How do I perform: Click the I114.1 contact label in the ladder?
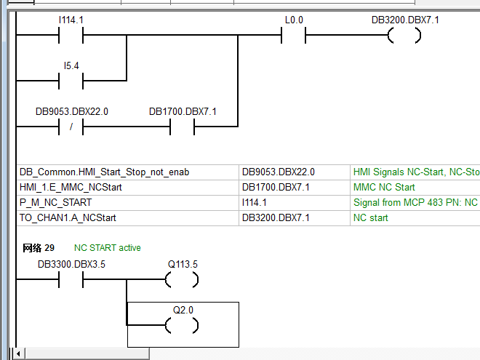click(x=72, y=21)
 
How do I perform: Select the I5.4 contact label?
click(x=71, y=66)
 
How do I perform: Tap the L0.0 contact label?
click(x=294, y=21)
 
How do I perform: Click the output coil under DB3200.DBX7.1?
click(x=404, y=36)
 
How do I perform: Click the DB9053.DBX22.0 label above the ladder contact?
click(x=72, y=111)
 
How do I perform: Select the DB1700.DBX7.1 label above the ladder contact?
click(x=183, y=111)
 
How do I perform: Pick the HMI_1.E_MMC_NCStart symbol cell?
click(x=71, y=188)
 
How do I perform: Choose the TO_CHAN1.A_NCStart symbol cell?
click(x=68, y=217)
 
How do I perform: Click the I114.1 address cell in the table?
click(x=255, y=203)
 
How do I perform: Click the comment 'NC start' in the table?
click(x=371, y=217)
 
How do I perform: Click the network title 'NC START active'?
click(x=107, y=248)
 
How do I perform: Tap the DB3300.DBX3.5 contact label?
click(x=72, y=264)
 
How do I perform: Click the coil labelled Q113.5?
click(x=182, y=279)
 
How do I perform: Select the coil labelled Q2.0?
click(x=182, y=324)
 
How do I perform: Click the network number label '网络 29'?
click(x=39, y=248)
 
